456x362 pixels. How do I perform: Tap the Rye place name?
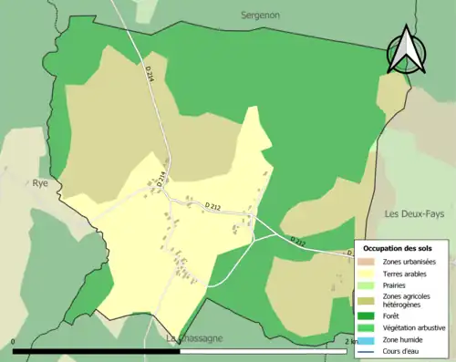41,181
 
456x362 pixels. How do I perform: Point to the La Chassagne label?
196,339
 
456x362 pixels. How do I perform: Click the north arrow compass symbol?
404,50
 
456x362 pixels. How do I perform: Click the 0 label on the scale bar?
14,342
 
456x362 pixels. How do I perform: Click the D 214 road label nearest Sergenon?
149,79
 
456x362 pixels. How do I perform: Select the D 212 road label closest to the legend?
298,242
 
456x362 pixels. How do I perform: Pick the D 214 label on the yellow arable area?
161,179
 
